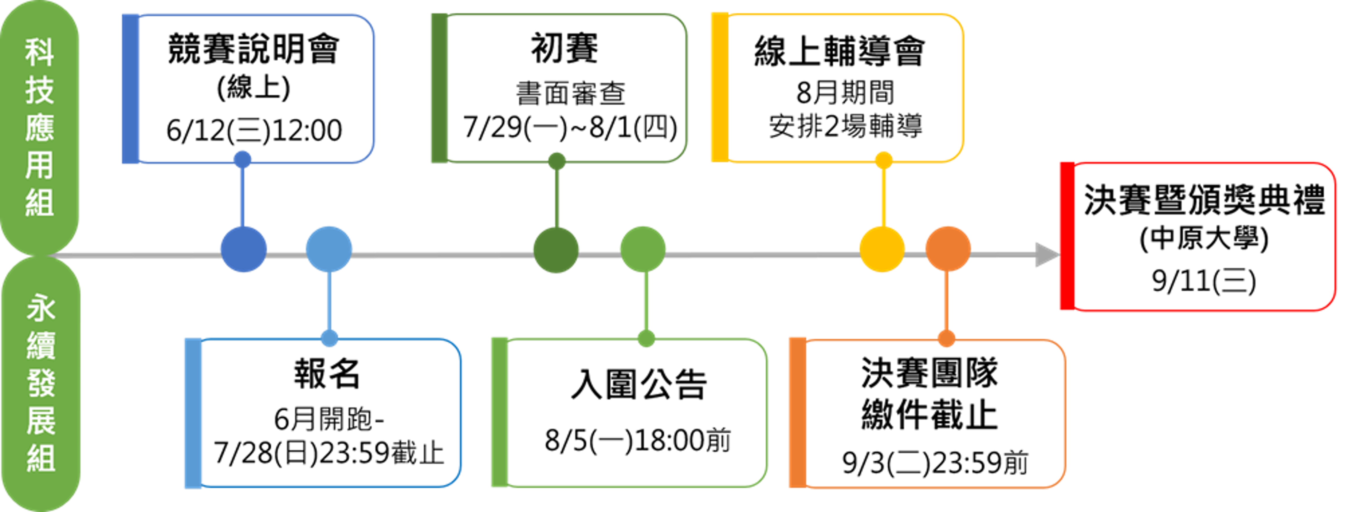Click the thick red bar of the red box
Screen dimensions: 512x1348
point(1067,236)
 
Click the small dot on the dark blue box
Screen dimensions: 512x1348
point(242,159)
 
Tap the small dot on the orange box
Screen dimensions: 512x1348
point(946,338)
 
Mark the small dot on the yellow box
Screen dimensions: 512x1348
point(884,160)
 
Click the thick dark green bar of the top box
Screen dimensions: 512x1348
point(439,88)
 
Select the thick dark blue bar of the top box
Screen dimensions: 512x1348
point(130,89)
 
